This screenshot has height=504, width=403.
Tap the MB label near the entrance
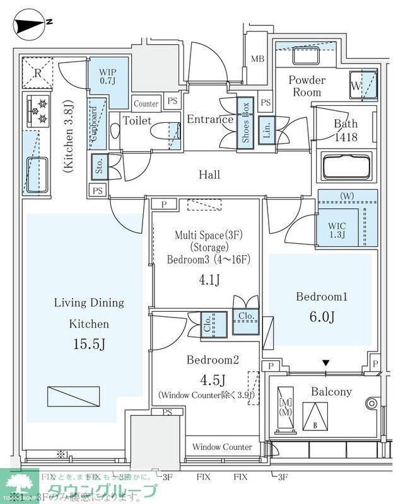click(257, 59)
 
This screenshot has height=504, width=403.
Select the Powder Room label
click(307, 86)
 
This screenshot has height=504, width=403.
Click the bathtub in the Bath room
click(349, 167)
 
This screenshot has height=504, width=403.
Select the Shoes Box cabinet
click(246, 123)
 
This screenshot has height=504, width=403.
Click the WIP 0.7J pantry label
click(107, 76)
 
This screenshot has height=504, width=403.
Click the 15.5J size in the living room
click(89, 345)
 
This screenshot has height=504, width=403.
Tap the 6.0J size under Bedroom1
click(320, 317)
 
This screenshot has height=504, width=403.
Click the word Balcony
click(331, 391)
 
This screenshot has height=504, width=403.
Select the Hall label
click(209, 175)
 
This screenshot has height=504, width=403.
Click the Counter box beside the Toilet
click(146, 104)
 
